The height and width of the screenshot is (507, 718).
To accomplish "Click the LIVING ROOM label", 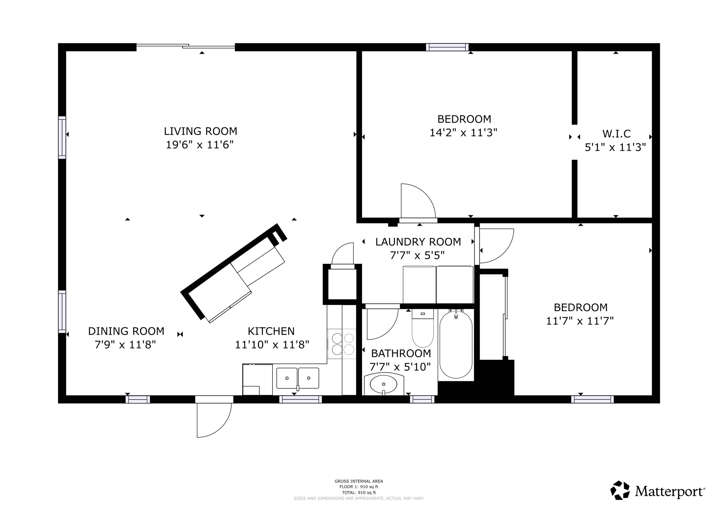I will [x=201, y=131].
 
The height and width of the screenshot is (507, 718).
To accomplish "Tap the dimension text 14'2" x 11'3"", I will [x=463, y=133].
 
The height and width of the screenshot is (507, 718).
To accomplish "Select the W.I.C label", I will [x=616, y=134].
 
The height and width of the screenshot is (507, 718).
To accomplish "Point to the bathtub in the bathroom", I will [x=456, y=344].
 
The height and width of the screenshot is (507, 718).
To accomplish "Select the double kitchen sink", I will [x=298, y=378].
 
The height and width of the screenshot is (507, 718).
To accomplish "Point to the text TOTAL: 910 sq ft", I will [x=359, y=493].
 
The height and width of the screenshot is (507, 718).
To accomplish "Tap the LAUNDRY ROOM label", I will [x=418, y=242].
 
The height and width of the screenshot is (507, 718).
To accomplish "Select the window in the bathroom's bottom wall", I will [x=422, y=399].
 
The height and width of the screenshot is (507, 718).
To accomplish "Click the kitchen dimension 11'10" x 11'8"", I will [x=272, y=344].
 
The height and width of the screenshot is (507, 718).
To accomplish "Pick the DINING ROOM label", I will [x=126, y=331].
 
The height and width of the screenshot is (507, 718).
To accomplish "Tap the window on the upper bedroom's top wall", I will [x=447, y=47].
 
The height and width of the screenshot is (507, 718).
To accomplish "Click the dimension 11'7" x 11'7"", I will [x=580, y=321].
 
